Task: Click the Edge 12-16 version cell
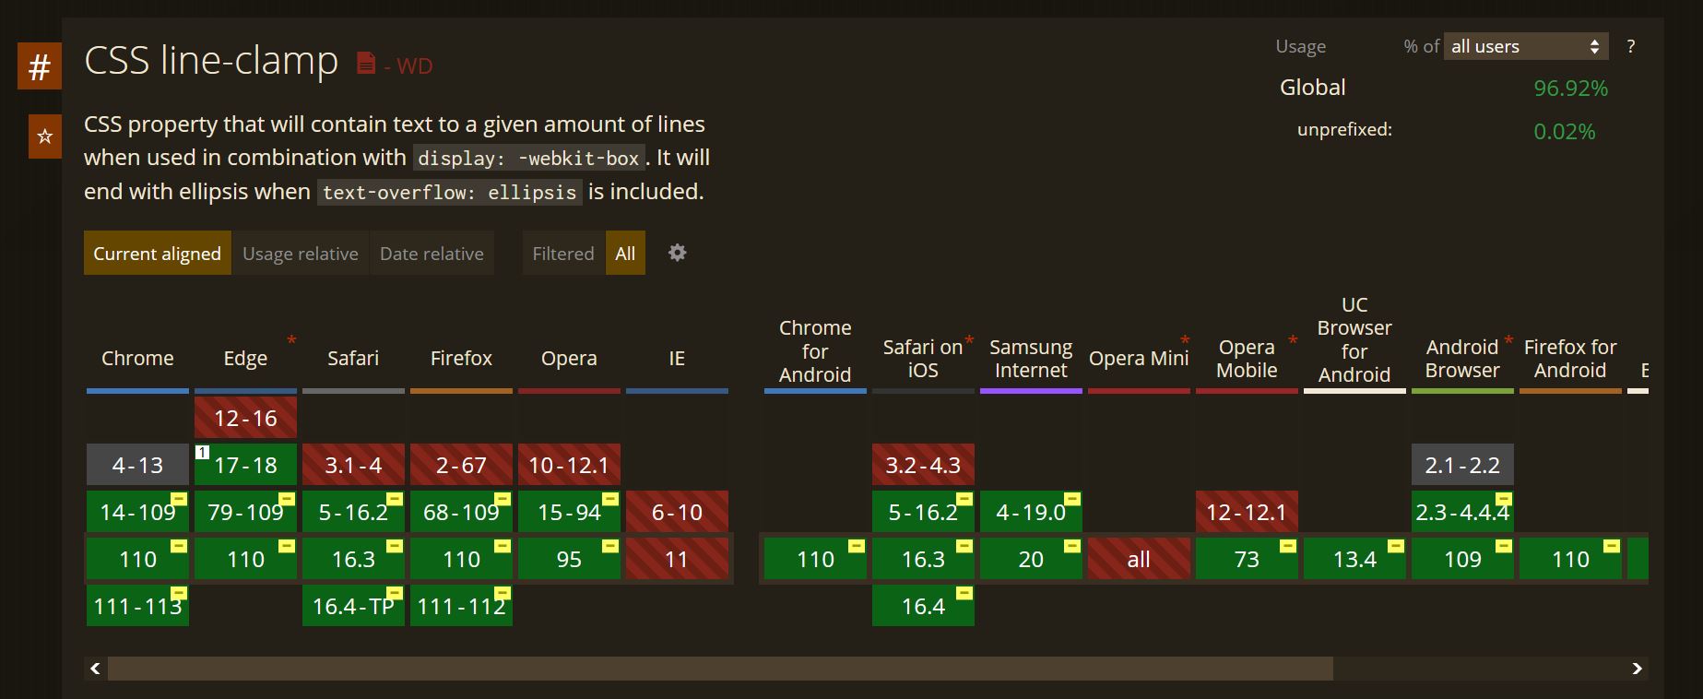pos(245,418)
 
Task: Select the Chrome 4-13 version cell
pos(137,465)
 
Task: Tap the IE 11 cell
pos(677,559)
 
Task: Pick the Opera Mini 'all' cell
pos(1139,559)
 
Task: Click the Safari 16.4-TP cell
pos(353,606)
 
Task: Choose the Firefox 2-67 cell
pos(461,465)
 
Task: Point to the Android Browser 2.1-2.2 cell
pos(1462,465)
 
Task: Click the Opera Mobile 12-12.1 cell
pos(1247,512)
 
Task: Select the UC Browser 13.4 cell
pos(1354,559)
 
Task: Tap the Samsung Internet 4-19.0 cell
pos(1031,512)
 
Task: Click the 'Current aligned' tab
pos(157,254)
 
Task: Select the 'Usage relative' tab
pos(300,254)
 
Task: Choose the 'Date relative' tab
pos(432,254)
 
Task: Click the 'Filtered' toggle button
pos(562,254)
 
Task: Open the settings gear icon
pos(677,253)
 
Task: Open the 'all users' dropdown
pos(1525,46)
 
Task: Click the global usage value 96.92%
pos(1570,89)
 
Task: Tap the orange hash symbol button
pos(40,66)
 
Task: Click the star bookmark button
pos(44,136)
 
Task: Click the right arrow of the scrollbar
pos(1637,669)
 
